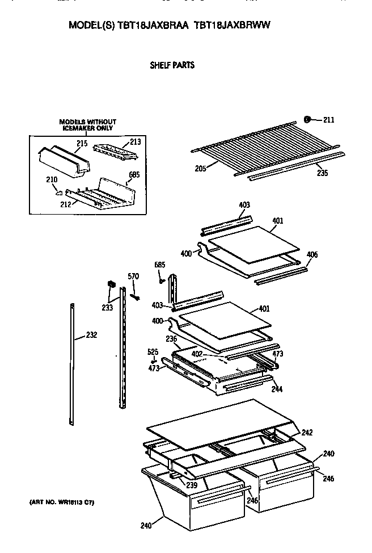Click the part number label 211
(329, 119)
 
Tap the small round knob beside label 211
(307, 119)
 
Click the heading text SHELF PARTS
(172, 65)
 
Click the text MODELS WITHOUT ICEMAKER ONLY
(88, 125)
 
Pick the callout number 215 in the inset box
(82, 144)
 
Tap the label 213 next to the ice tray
(135, 141)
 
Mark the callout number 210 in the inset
(51, 180)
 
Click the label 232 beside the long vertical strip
(91, 335)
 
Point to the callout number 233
(107, 307)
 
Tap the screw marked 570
(135, 296)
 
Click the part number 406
(312, 254)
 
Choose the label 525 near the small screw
(153, 351)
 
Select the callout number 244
(277, 389)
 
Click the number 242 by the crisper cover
(307, 433)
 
